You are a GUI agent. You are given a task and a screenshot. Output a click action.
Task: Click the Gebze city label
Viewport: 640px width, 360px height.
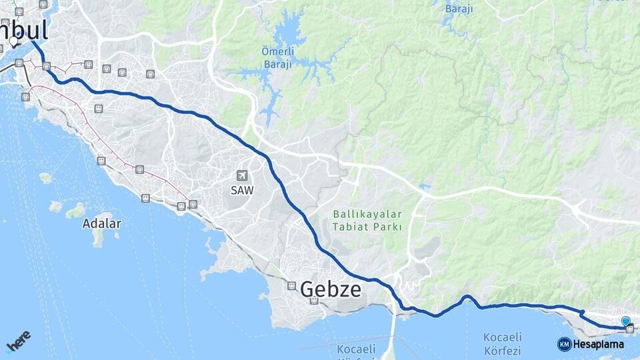(x=331, y=289)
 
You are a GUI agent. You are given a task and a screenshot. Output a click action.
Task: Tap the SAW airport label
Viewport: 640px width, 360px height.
(x=241, y=191)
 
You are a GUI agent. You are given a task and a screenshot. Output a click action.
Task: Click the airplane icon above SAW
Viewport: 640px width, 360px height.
(x=241, y=175)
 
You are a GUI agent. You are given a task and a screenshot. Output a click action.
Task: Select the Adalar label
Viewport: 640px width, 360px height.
(x=101, y=223)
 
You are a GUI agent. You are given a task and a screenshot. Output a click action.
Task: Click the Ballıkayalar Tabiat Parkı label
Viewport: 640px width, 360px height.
(x=367, y=220)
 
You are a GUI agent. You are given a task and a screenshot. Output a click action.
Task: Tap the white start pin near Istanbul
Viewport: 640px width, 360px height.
(x=14, y=42)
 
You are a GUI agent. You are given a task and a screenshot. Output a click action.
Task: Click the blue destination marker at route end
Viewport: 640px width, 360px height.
(x=625, y=321)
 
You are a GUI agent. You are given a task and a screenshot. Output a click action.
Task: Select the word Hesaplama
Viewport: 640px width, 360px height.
(x=599, y=344)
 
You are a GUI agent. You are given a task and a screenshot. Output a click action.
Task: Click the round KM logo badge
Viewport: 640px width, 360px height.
(x=564, y=344)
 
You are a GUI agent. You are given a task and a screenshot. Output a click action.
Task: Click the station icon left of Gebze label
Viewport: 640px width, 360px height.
(x=291, y=285)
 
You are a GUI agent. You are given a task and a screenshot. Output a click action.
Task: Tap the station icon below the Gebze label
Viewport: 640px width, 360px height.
(x=314, y=301)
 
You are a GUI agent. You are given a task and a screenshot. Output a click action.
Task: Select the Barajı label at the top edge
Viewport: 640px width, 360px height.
(x=459, y=8)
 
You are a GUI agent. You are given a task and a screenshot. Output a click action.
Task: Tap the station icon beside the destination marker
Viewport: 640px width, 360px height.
(x=630, y=329)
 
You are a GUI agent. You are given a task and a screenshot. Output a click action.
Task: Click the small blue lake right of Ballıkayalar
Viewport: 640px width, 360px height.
(x=425, y=187)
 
